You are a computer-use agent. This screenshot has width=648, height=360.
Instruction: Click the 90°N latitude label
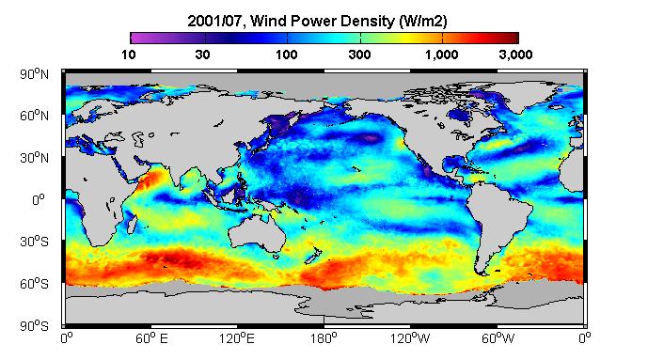point(34,74)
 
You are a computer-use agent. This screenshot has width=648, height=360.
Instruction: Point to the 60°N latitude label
point(34,116)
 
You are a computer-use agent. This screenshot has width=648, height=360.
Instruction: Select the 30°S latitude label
point(34,242)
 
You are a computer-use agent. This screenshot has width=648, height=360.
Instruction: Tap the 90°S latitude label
point(34,326)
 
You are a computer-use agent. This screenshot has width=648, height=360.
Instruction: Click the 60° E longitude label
point(151,339)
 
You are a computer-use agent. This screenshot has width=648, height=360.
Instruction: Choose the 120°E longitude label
point(236,339)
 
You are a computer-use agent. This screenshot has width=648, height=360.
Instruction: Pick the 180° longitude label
point(324,339)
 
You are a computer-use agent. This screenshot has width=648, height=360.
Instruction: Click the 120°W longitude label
point(410,339)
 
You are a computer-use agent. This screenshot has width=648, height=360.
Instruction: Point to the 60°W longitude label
point(498,339)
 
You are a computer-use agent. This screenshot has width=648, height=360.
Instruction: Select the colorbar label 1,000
point(442,55)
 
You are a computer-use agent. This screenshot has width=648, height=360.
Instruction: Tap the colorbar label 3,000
point(515,55)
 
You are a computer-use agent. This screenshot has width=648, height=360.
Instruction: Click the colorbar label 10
point(129,55)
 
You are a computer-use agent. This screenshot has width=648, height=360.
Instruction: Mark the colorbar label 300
point(359,55)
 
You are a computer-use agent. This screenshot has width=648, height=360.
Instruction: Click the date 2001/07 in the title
point(214,21)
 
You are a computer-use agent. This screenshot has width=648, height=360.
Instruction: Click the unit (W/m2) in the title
point(423,21)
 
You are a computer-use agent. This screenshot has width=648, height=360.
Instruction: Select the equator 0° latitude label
point(39,200)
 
